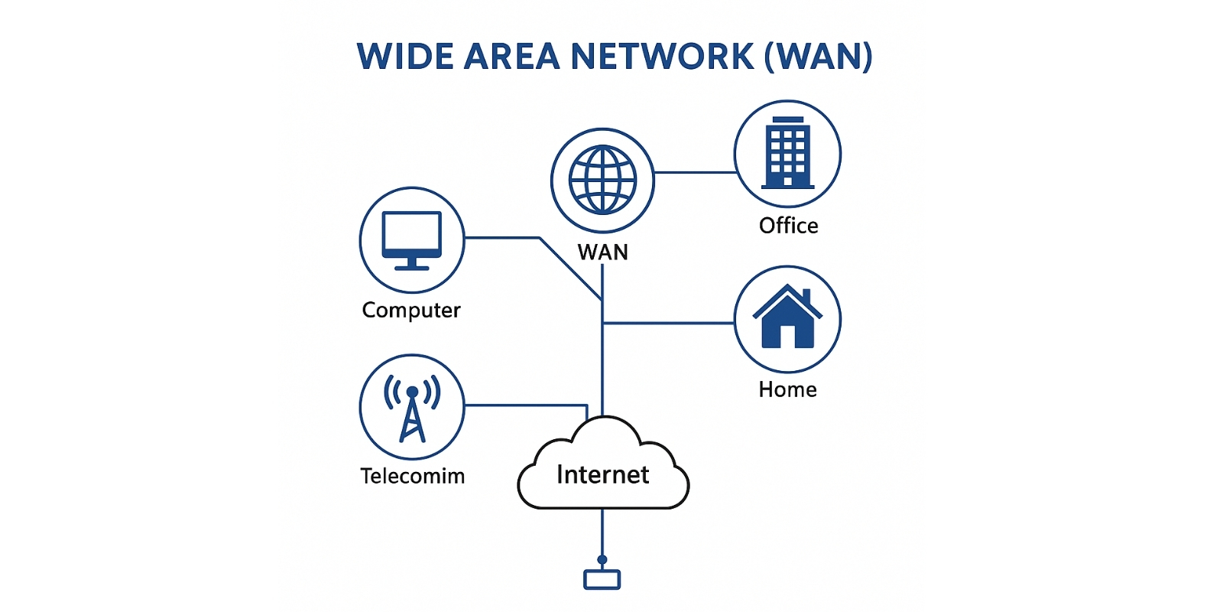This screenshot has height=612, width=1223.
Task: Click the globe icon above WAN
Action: [x=602, y=181]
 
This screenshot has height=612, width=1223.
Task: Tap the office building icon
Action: [x=787, y=153]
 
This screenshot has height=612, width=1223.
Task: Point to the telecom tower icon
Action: [x=412, y=407]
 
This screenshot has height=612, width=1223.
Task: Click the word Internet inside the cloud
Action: [x=602, y=475]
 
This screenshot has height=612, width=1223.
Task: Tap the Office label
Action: [x=788, y=226]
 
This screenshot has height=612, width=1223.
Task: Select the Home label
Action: [x=787, y=390]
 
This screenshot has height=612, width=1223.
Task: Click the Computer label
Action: [x=411, y=311]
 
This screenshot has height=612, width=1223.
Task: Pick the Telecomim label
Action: [x=412, y=477]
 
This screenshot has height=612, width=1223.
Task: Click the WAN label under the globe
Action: [x=602, y=252]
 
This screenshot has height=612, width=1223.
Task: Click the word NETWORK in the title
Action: [x=663, y=57]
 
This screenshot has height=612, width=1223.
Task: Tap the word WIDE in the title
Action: [x=404, y=57]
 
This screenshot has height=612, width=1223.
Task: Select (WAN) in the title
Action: [x=819, y=57]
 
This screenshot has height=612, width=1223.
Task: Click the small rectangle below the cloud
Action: [x=602, y=580]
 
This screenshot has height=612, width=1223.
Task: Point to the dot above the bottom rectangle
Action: [x=602, y=560]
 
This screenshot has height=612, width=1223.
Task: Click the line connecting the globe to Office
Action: [x=694, y=173]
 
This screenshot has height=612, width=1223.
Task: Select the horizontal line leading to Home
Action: [x=669, y=324]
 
